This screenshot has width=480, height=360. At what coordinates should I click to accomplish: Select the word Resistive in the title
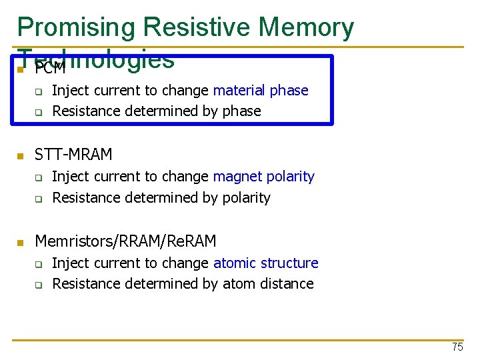(x=199, y=27)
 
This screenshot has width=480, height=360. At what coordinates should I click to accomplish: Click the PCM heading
(x=50, y=69)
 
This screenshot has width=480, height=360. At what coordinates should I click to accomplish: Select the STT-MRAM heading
(x=73, y=155)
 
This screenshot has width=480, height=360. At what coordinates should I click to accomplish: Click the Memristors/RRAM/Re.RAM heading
(x=125, y=241)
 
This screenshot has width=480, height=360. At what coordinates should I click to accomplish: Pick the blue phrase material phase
(x=261, y=91)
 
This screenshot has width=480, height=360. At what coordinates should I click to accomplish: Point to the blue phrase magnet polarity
(x=263, y=177)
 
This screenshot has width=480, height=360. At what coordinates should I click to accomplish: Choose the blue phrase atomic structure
(x=265, y=263)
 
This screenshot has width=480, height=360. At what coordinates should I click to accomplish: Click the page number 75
(x=457, y=347)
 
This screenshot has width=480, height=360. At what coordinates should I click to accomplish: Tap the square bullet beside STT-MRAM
(x=21, y=156)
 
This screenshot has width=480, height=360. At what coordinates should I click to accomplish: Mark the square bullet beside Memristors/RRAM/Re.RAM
(x=21, y=242)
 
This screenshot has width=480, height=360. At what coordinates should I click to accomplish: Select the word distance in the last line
(x=287, y=284)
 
